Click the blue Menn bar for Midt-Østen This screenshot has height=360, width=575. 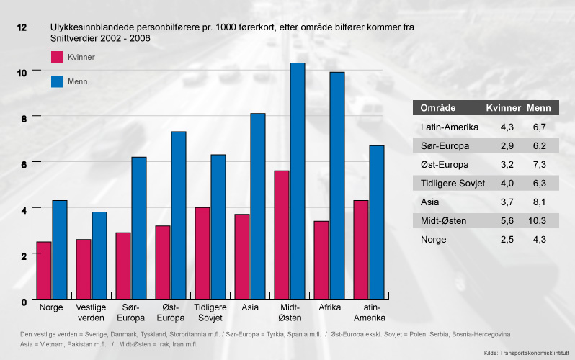(298, 180)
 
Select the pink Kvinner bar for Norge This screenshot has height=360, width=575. (44, 270)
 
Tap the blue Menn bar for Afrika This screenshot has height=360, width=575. (337, 185)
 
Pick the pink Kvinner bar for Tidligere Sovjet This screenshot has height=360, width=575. (202, 253)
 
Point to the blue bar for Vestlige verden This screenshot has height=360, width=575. (99, 255)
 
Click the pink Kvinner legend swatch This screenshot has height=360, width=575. (57, 58)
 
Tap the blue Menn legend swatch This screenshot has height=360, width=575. (57, 81)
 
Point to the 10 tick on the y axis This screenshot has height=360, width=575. (22, 72)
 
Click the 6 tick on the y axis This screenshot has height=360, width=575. (22, 163)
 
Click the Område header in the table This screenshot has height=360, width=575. (437, 108)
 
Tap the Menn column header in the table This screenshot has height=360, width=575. (539, 108)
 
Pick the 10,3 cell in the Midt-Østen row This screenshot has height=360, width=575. (539, 220)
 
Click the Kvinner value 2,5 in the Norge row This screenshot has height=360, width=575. (506, 238)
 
